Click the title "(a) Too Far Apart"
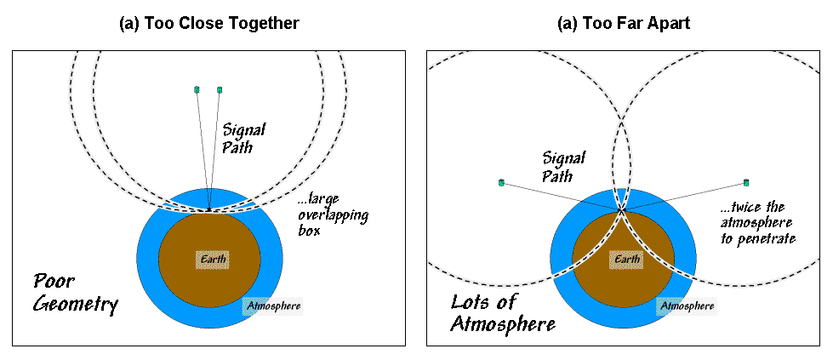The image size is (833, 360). coord(623,24)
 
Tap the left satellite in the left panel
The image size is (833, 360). coord(197,89)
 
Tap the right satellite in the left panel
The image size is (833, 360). coord(220,89)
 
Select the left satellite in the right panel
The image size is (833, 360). coord(501,182)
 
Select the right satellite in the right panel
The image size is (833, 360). coord(746,182)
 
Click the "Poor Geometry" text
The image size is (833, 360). coord(75,292)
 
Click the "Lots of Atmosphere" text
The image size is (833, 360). coord(503,312)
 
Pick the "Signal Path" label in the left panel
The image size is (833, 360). coord(244,139)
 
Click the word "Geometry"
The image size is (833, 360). coord(75,305)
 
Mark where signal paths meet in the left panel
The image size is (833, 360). coord(208,209)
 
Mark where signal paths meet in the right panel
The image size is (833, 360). coord(623,207)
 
